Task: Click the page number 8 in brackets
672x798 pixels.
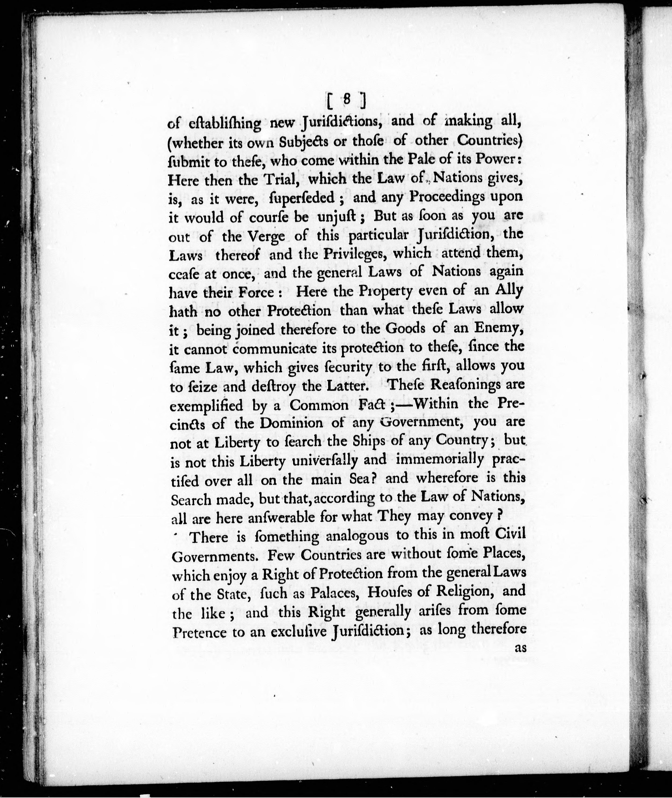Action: tap(346, 100)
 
